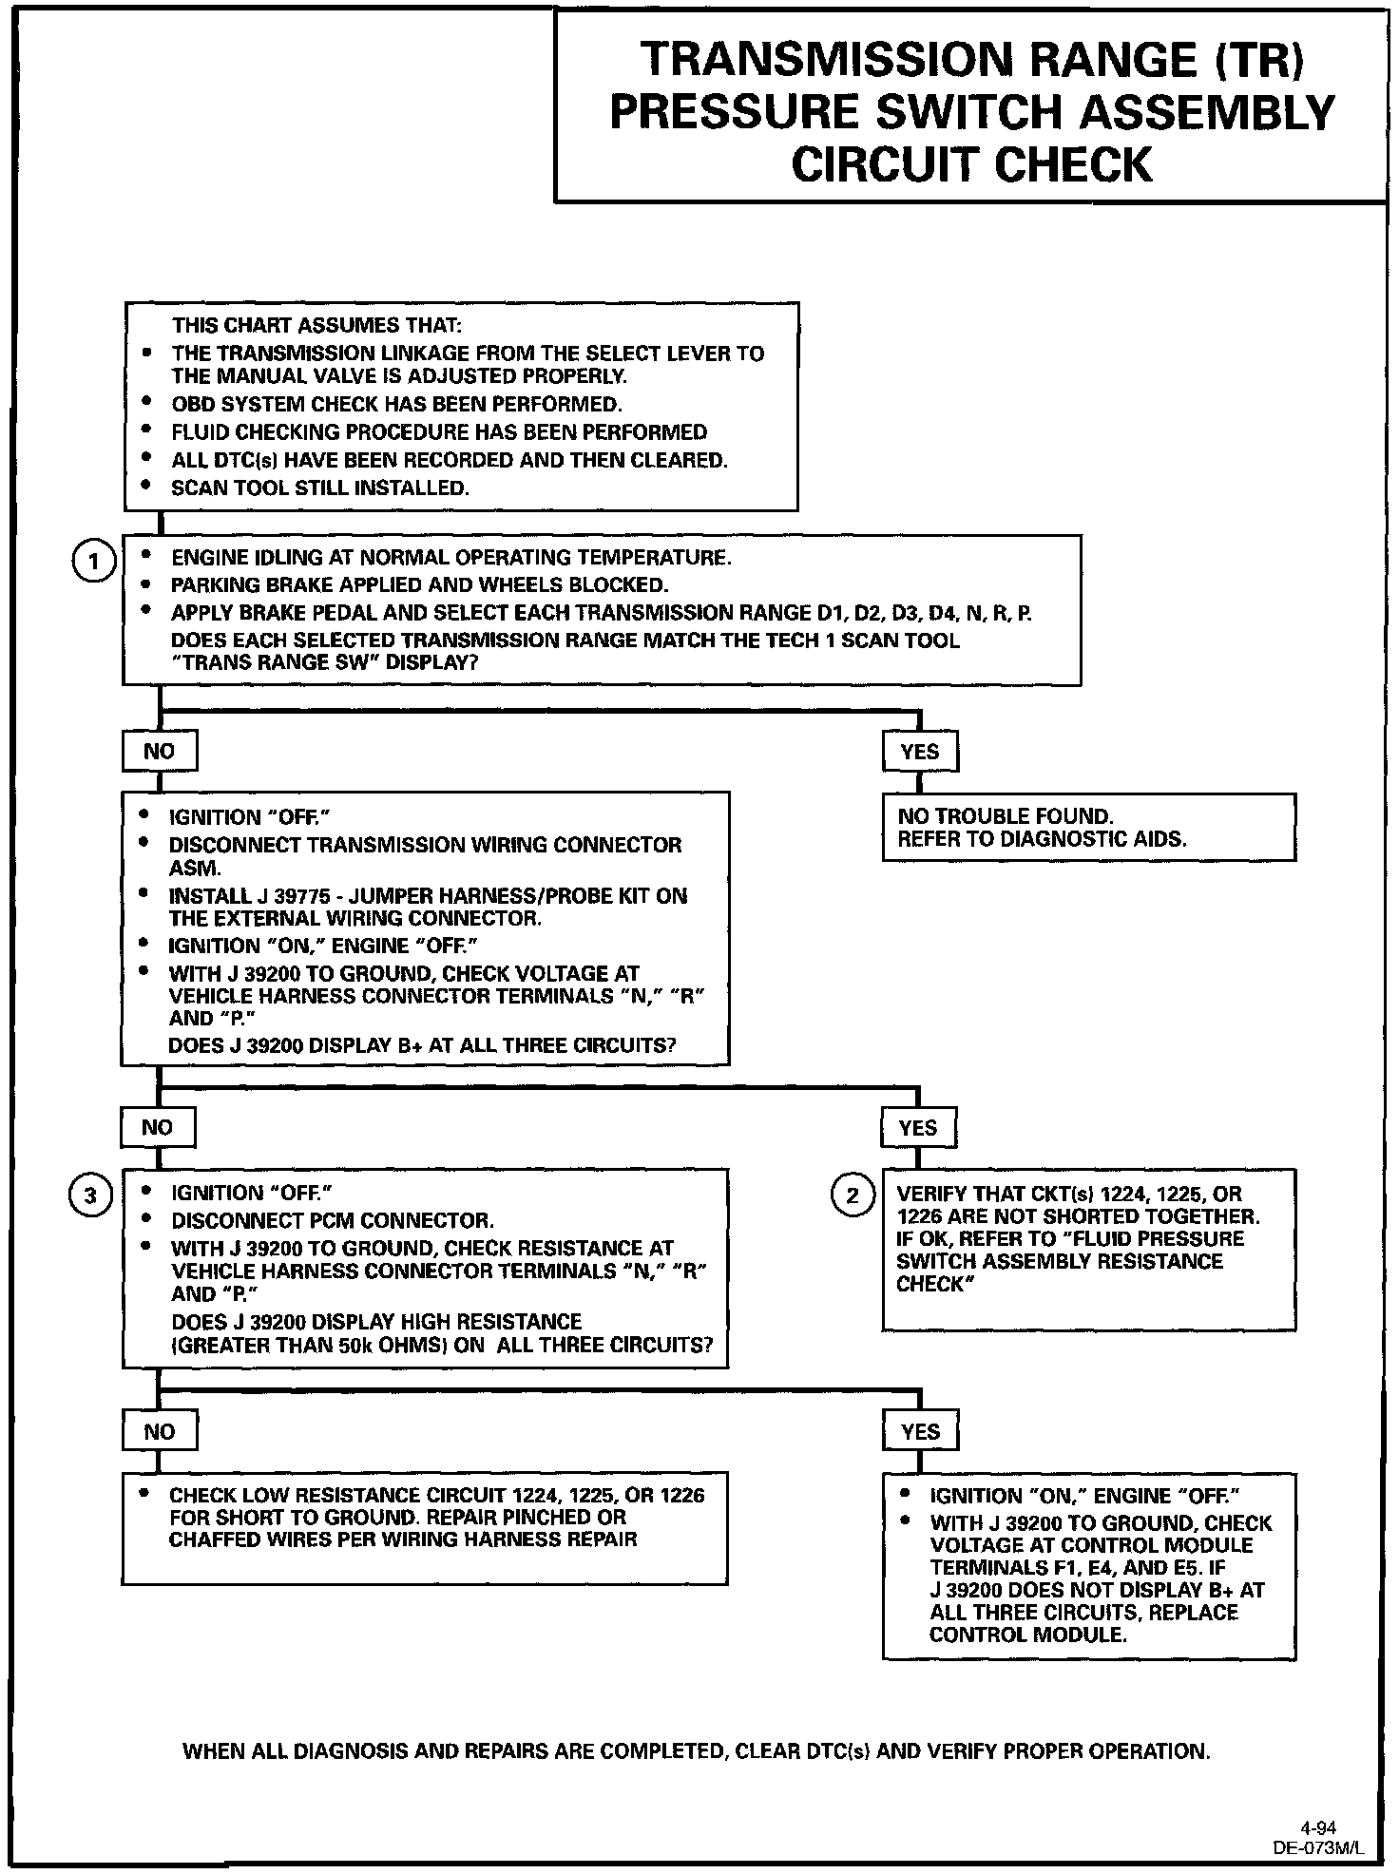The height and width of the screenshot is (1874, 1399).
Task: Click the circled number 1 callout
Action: [x=93, y=563]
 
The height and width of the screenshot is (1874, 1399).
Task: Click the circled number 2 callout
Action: [x=852, y=1195]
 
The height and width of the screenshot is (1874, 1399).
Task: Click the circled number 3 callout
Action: [x=90, y=1195]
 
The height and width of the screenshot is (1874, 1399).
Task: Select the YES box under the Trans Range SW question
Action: [x=920, y=752]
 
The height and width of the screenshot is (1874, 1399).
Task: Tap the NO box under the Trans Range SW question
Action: [x=159, y=752]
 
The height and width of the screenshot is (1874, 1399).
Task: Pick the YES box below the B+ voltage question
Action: [x=917, y=1128]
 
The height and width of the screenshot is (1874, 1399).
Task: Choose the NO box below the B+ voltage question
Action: [x=157, y=1128]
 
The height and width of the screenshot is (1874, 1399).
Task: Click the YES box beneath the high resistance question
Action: [x=920, y=1432]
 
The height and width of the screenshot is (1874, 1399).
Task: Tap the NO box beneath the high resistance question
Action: [x=159, y=1432]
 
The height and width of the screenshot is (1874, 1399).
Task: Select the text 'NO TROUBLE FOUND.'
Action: [x=1005, y=816]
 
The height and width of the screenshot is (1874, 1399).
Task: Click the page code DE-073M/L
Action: [x=1318, y=1848]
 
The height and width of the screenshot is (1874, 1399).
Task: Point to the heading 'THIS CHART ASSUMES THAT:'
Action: [x=316, y=326]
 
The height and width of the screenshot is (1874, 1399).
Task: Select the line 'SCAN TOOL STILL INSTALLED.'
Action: [x=320, y=488]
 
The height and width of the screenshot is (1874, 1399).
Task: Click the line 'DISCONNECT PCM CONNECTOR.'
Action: [x=333, y=1221]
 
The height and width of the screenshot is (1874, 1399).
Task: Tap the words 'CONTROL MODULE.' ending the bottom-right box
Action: [x=1027, y=1635]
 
